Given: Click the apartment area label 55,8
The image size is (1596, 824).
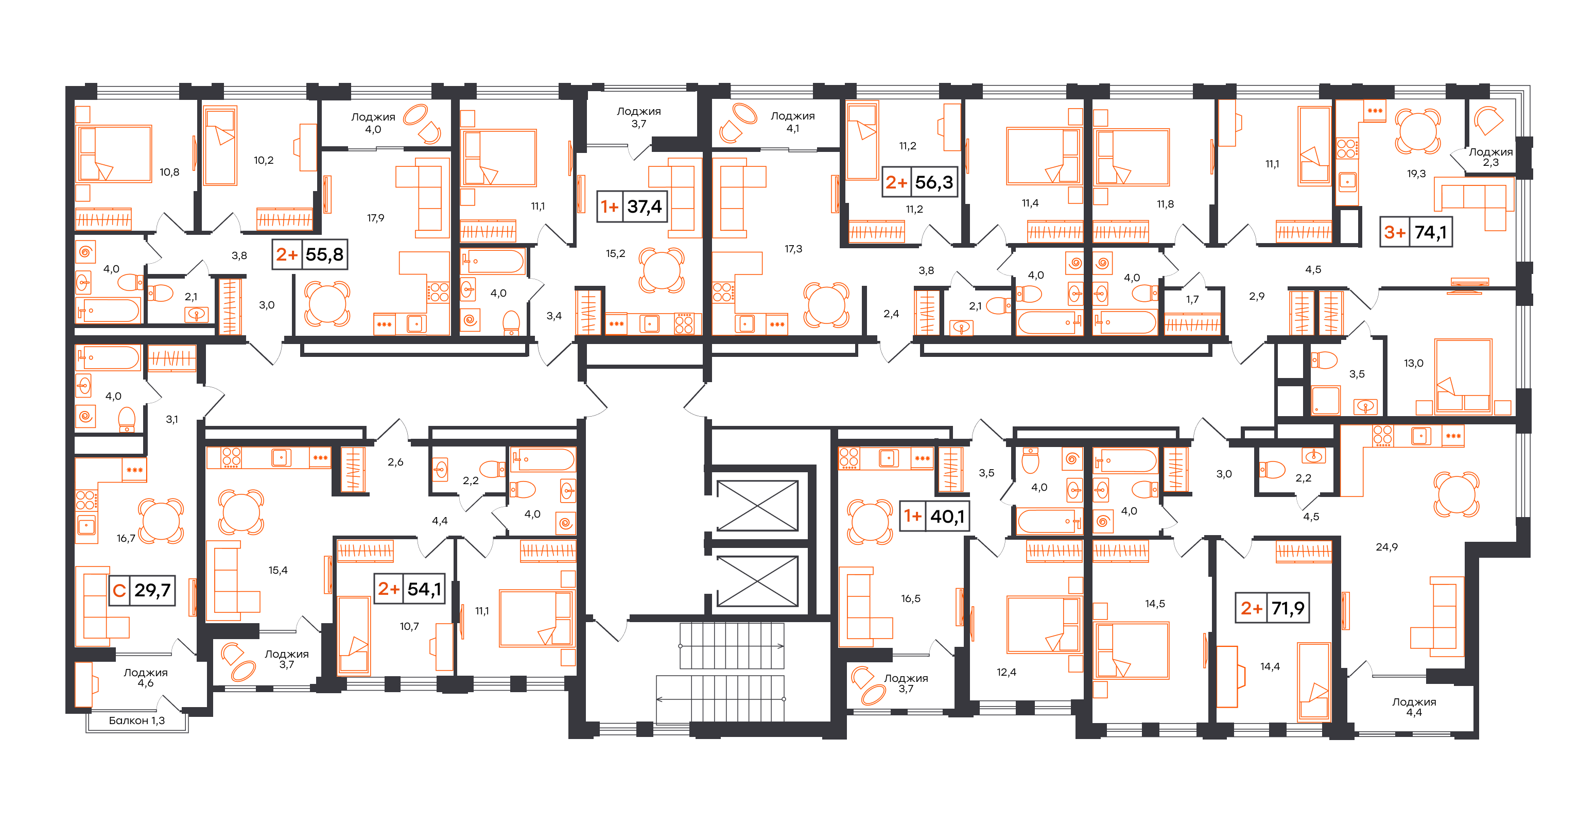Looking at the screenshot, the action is [325, 254].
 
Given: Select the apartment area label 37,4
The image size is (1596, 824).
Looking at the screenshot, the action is [645, 207].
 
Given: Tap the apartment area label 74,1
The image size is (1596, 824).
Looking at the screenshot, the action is [1431, 232].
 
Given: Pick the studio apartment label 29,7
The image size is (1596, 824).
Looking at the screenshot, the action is [152, 590].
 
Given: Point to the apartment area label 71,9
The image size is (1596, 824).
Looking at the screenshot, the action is [1288, 608].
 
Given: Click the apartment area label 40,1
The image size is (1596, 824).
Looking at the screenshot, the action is [947, 516].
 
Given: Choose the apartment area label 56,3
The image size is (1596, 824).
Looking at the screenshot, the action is [934, 182].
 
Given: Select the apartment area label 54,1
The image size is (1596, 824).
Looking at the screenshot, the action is [424, 589].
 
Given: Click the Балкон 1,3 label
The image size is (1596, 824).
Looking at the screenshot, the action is [137, 720].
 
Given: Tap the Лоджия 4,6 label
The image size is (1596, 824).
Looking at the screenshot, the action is [146, 678].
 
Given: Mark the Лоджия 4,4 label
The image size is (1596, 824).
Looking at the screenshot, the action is [1414, 707].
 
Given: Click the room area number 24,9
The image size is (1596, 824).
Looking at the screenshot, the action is [1386, 547].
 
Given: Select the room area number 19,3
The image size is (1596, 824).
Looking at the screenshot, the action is [1416, 174].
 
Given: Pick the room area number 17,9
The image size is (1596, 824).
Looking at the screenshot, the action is [375, 218].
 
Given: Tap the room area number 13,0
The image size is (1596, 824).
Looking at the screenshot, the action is [1414, 364].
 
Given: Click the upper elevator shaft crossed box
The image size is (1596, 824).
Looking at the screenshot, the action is [757, 506].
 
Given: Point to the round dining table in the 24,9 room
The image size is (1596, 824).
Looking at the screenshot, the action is [1456, 494].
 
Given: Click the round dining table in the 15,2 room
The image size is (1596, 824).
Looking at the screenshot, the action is [662, 270].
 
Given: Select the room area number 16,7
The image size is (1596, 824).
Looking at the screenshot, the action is [126, 538].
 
